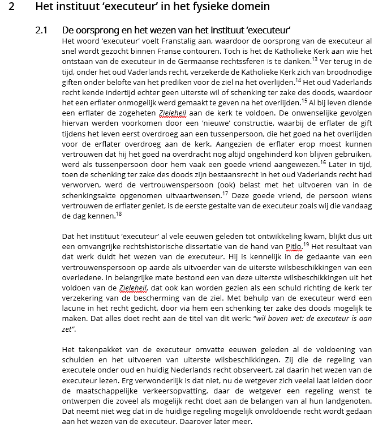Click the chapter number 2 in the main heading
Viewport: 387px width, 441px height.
tap(19, 7)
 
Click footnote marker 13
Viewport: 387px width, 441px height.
tap(315, 58)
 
